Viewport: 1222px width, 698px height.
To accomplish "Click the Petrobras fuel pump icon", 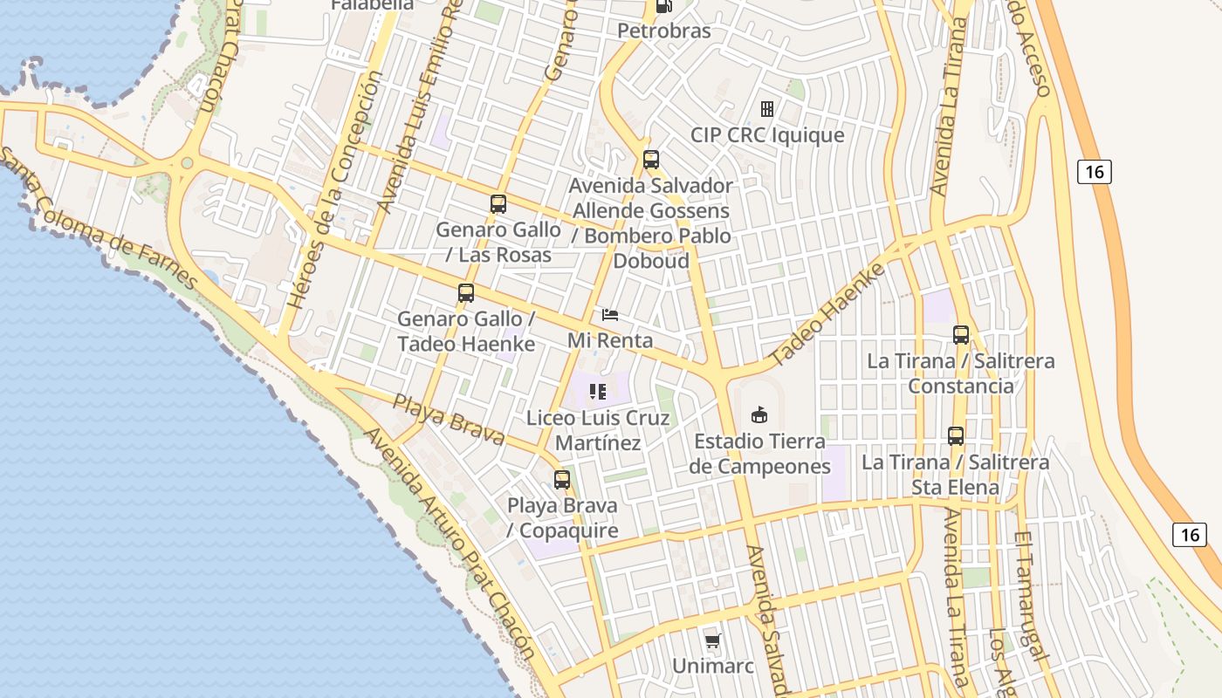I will (x=664, y=7).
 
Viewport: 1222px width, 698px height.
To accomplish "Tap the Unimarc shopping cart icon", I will (x=713, y=642).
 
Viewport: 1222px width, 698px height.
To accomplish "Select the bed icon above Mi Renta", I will (x=611, y=315).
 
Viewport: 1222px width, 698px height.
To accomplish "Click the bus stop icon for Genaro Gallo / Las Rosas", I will (x=498, y=204).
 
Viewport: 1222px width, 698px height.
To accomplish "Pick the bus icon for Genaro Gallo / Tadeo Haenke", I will (x=466, y=293).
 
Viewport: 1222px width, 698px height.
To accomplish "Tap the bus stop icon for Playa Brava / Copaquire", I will (x=562, y=480).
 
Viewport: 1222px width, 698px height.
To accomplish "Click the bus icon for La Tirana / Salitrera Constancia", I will (x=961, y=335).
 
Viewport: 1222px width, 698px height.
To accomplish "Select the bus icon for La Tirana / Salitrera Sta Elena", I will (x=956, y=436).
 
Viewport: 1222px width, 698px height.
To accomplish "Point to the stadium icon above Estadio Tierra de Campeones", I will (x=759, y=414).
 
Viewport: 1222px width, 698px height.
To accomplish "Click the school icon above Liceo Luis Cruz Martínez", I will (x=598, y=392).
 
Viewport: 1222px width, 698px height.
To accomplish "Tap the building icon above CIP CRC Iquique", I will (x=767, y=109).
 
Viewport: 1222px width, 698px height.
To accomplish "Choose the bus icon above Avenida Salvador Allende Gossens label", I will (x=651, y=160).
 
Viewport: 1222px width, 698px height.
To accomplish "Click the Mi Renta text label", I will (x=610, y=340).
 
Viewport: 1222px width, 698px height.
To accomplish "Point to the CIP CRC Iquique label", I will (x=767, y=135).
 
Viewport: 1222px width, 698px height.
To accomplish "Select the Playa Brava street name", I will (x=449, y=420).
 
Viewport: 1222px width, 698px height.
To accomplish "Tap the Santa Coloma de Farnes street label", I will (x=96, y=218).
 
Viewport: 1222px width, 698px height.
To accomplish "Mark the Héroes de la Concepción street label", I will (x=335, y=190).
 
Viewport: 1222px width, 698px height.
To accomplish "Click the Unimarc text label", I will (x=712, y=667).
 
